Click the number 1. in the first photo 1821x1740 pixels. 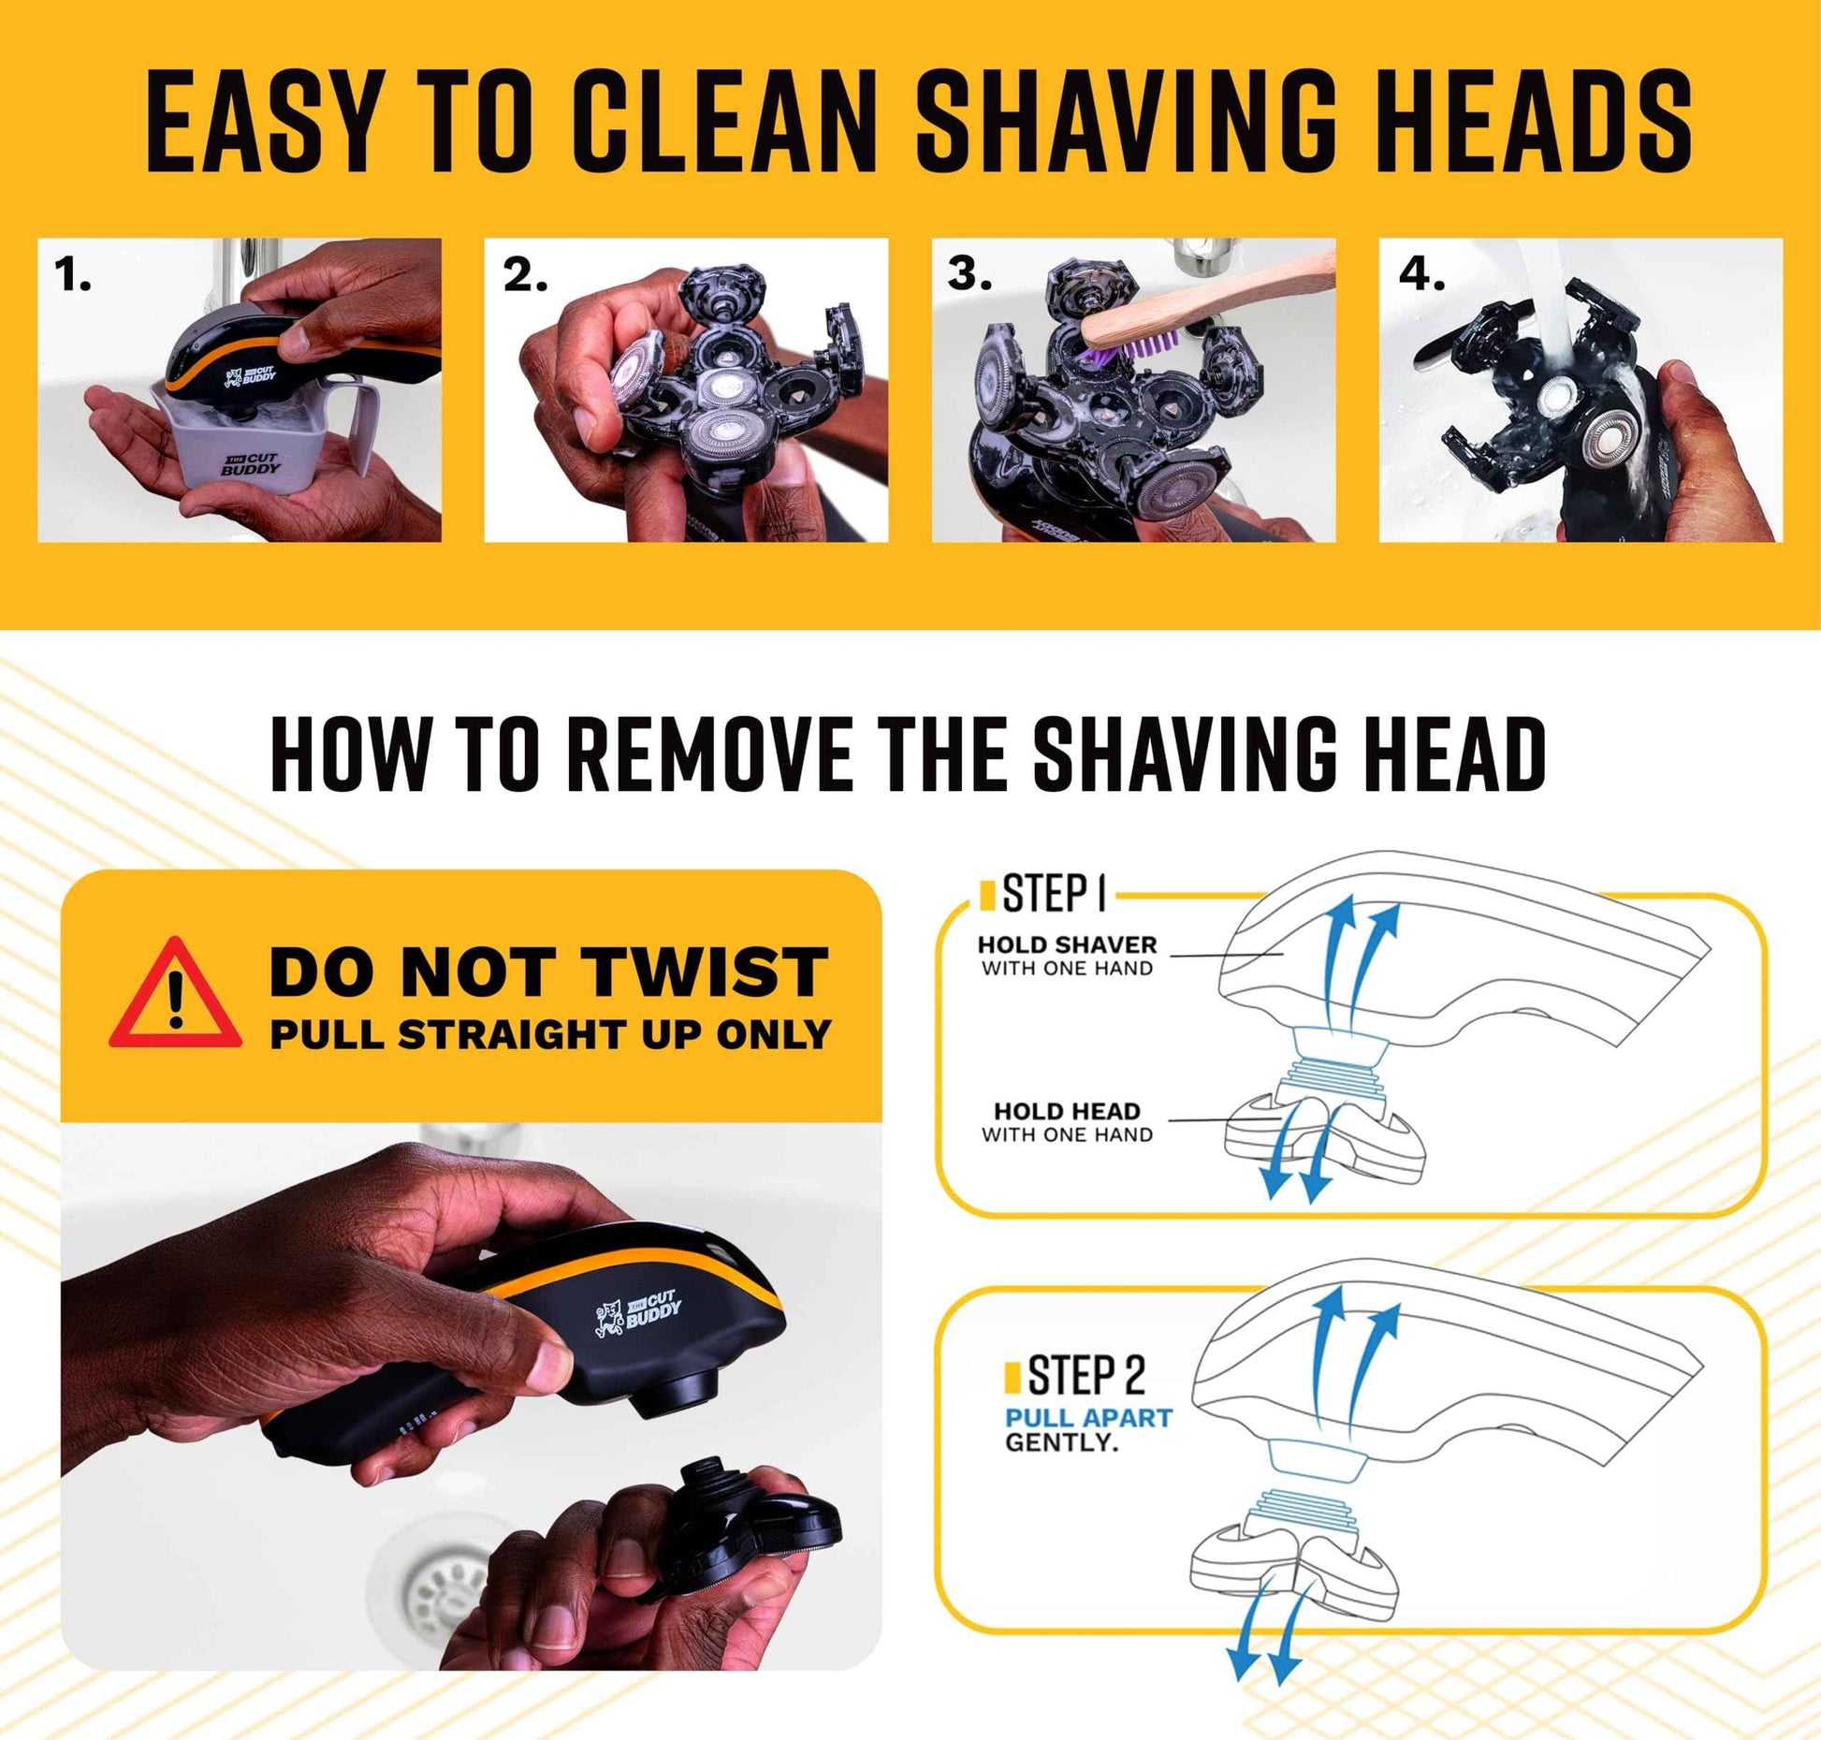coord(72,275)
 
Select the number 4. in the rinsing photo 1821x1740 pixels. coord(1421,275)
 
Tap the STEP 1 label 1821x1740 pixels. coord(1053,894)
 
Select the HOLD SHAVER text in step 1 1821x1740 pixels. coord(1067,945)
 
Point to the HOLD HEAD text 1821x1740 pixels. coord(1067,1111)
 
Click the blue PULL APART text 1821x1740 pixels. coord(1088,1418)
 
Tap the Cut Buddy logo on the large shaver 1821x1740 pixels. coord(640,1313)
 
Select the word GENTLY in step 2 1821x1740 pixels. coord(1062,1442)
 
